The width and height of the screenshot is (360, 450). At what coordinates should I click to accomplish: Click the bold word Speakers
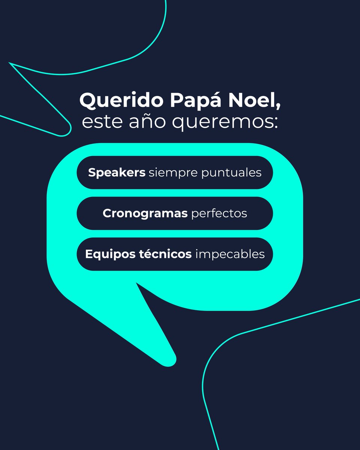click(117, 173)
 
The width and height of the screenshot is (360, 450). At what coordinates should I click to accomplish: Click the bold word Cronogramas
click(145, 213)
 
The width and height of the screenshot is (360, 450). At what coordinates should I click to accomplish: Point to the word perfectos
click(219, 214)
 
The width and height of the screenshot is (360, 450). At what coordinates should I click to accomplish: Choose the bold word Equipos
click(106, 254)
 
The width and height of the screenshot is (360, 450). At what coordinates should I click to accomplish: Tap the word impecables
click(230, 254)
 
